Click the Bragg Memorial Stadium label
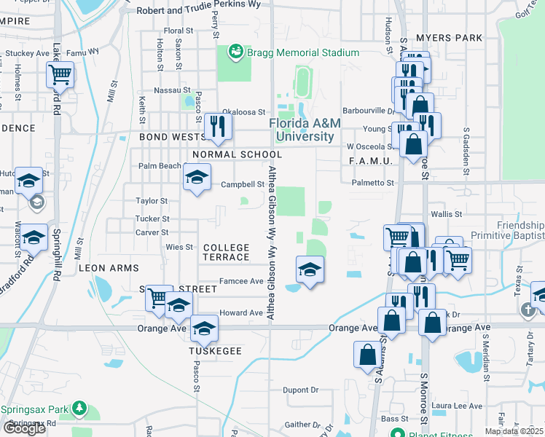tap(303, 52)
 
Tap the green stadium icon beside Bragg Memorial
tap(236, 52)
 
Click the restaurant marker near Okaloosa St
tap(217, 127)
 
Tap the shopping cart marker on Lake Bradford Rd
tap(60, 74)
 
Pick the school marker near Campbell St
tap(196, 177)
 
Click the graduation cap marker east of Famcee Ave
tap(310, 270)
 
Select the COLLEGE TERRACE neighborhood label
tap(227, 253)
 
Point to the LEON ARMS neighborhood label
tap(109, 268)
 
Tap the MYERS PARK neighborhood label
tap(449, 37)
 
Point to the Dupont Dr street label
tap(301, 390)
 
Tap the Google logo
tap(25, 428)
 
